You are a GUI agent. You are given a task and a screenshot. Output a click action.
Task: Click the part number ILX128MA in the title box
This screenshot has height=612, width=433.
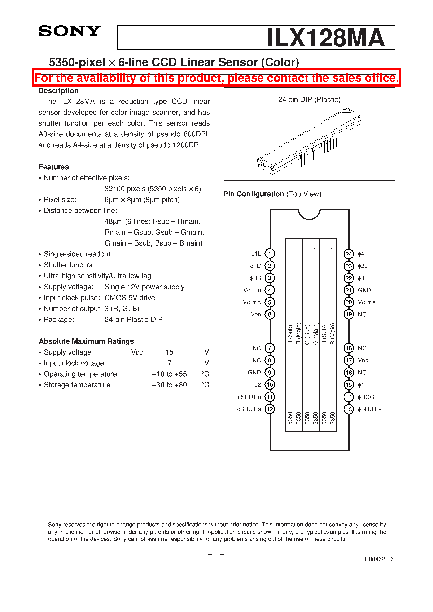(x=326, y=38)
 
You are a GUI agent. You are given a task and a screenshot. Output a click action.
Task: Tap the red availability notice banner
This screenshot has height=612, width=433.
(x=216, y=78)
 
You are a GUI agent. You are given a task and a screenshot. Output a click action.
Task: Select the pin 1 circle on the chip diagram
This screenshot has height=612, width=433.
(x=270, y=253)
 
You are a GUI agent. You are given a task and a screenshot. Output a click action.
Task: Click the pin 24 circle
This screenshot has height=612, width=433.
(x=349, y=254)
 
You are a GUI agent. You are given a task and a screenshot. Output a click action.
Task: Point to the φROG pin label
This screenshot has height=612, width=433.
(x=366, y=397)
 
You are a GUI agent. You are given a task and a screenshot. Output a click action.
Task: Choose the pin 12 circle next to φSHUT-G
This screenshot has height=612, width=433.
(x=270, y=409)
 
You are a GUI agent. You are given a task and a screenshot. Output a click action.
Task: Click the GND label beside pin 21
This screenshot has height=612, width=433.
(x=364, y=290)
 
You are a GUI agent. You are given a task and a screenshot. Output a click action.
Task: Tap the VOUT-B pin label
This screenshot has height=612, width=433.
(x=367, y=302)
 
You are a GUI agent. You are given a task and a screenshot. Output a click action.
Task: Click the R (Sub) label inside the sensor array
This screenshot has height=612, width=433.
(x=290, y=334)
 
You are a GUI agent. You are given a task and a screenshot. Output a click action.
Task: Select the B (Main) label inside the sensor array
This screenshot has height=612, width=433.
(x=332, y=334)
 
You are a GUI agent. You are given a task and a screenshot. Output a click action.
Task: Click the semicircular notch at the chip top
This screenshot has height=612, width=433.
(x=309, y=214)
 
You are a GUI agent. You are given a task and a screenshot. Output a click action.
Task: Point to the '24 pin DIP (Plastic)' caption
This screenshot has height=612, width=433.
(x=309, y=99)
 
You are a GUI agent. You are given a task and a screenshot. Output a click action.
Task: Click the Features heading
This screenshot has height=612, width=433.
(x=54, y=167)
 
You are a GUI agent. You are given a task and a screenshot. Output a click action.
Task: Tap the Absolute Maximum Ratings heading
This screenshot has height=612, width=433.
(x=86, y=341)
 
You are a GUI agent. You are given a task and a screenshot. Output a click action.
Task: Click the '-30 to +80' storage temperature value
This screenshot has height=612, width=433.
(x=170, y=385)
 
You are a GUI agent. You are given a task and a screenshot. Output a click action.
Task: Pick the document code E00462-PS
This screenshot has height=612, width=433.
(x=379, y=559)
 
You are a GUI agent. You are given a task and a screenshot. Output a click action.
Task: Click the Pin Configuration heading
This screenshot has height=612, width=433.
(x=254, y=194)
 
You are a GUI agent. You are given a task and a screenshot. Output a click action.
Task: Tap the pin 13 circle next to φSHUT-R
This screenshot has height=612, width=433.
(x=349, y=409)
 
